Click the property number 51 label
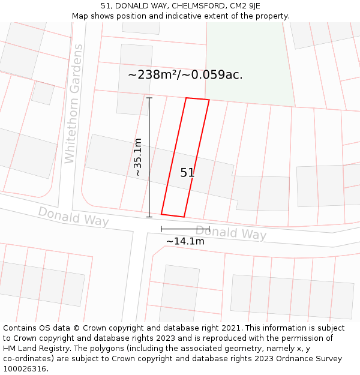(187, 173)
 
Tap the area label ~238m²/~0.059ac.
(185, 75)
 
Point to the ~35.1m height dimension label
(138, 157)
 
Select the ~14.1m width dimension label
(185, 241)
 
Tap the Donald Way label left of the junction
(73, 217)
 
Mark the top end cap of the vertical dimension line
(149, 97)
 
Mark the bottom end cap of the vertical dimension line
(149, 217)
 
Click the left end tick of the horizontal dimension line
(161, 229)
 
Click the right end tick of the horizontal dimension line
(209, 229)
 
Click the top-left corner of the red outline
(187, 98)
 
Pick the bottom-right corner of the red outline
(184, 217)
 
